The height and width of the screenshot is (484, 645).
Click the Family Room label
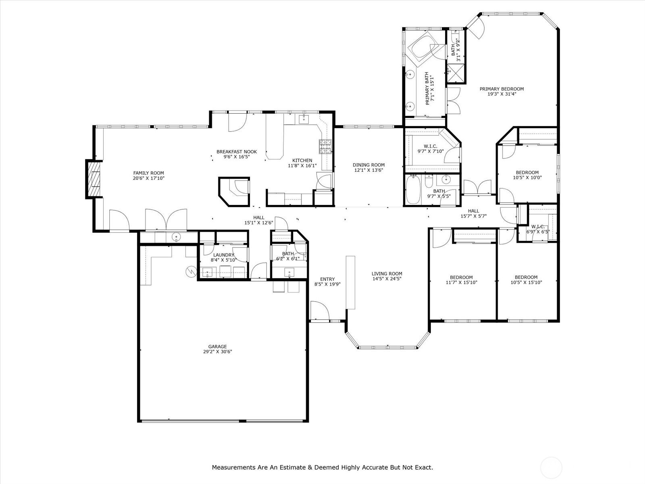[148, 173]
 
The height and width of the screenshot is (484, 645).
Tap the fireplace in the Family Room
[94, 179]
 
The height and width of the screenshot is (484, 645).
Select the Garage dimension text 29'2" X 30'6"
[217, 351]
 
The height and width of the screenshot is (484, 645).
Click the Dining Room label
[368, 165]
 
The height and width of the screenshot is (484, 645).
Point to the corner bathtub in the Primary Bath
[424, 48]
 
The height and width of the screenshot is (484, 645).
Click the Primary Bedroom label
[501, 89]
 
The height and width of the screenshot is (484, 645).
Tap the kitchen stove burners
[325, 146]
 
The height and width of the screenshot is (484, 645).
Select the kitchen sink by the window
[304, 119]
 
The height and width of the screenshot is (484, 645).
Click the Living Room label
[387, 273]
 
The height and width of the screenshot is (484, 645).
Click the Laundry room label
[224, 255]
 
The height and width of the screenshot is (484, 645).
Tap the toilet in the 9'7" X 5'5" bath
[429, 181]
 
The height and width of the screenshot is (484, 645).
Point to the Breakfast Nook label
[237, 152]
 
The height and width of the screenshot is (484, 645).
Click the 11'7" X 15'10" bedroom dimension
[461, 282]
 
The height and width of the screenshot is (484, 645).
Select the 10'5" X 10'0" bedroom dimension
[527, 177]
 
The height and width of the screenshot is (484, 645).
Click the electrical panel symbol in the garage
[191, 272]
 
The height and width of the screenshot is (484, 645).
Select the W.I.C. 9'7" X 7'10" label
[431, 149]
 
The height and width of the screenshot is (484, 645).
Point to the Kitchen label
[302, 161]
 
